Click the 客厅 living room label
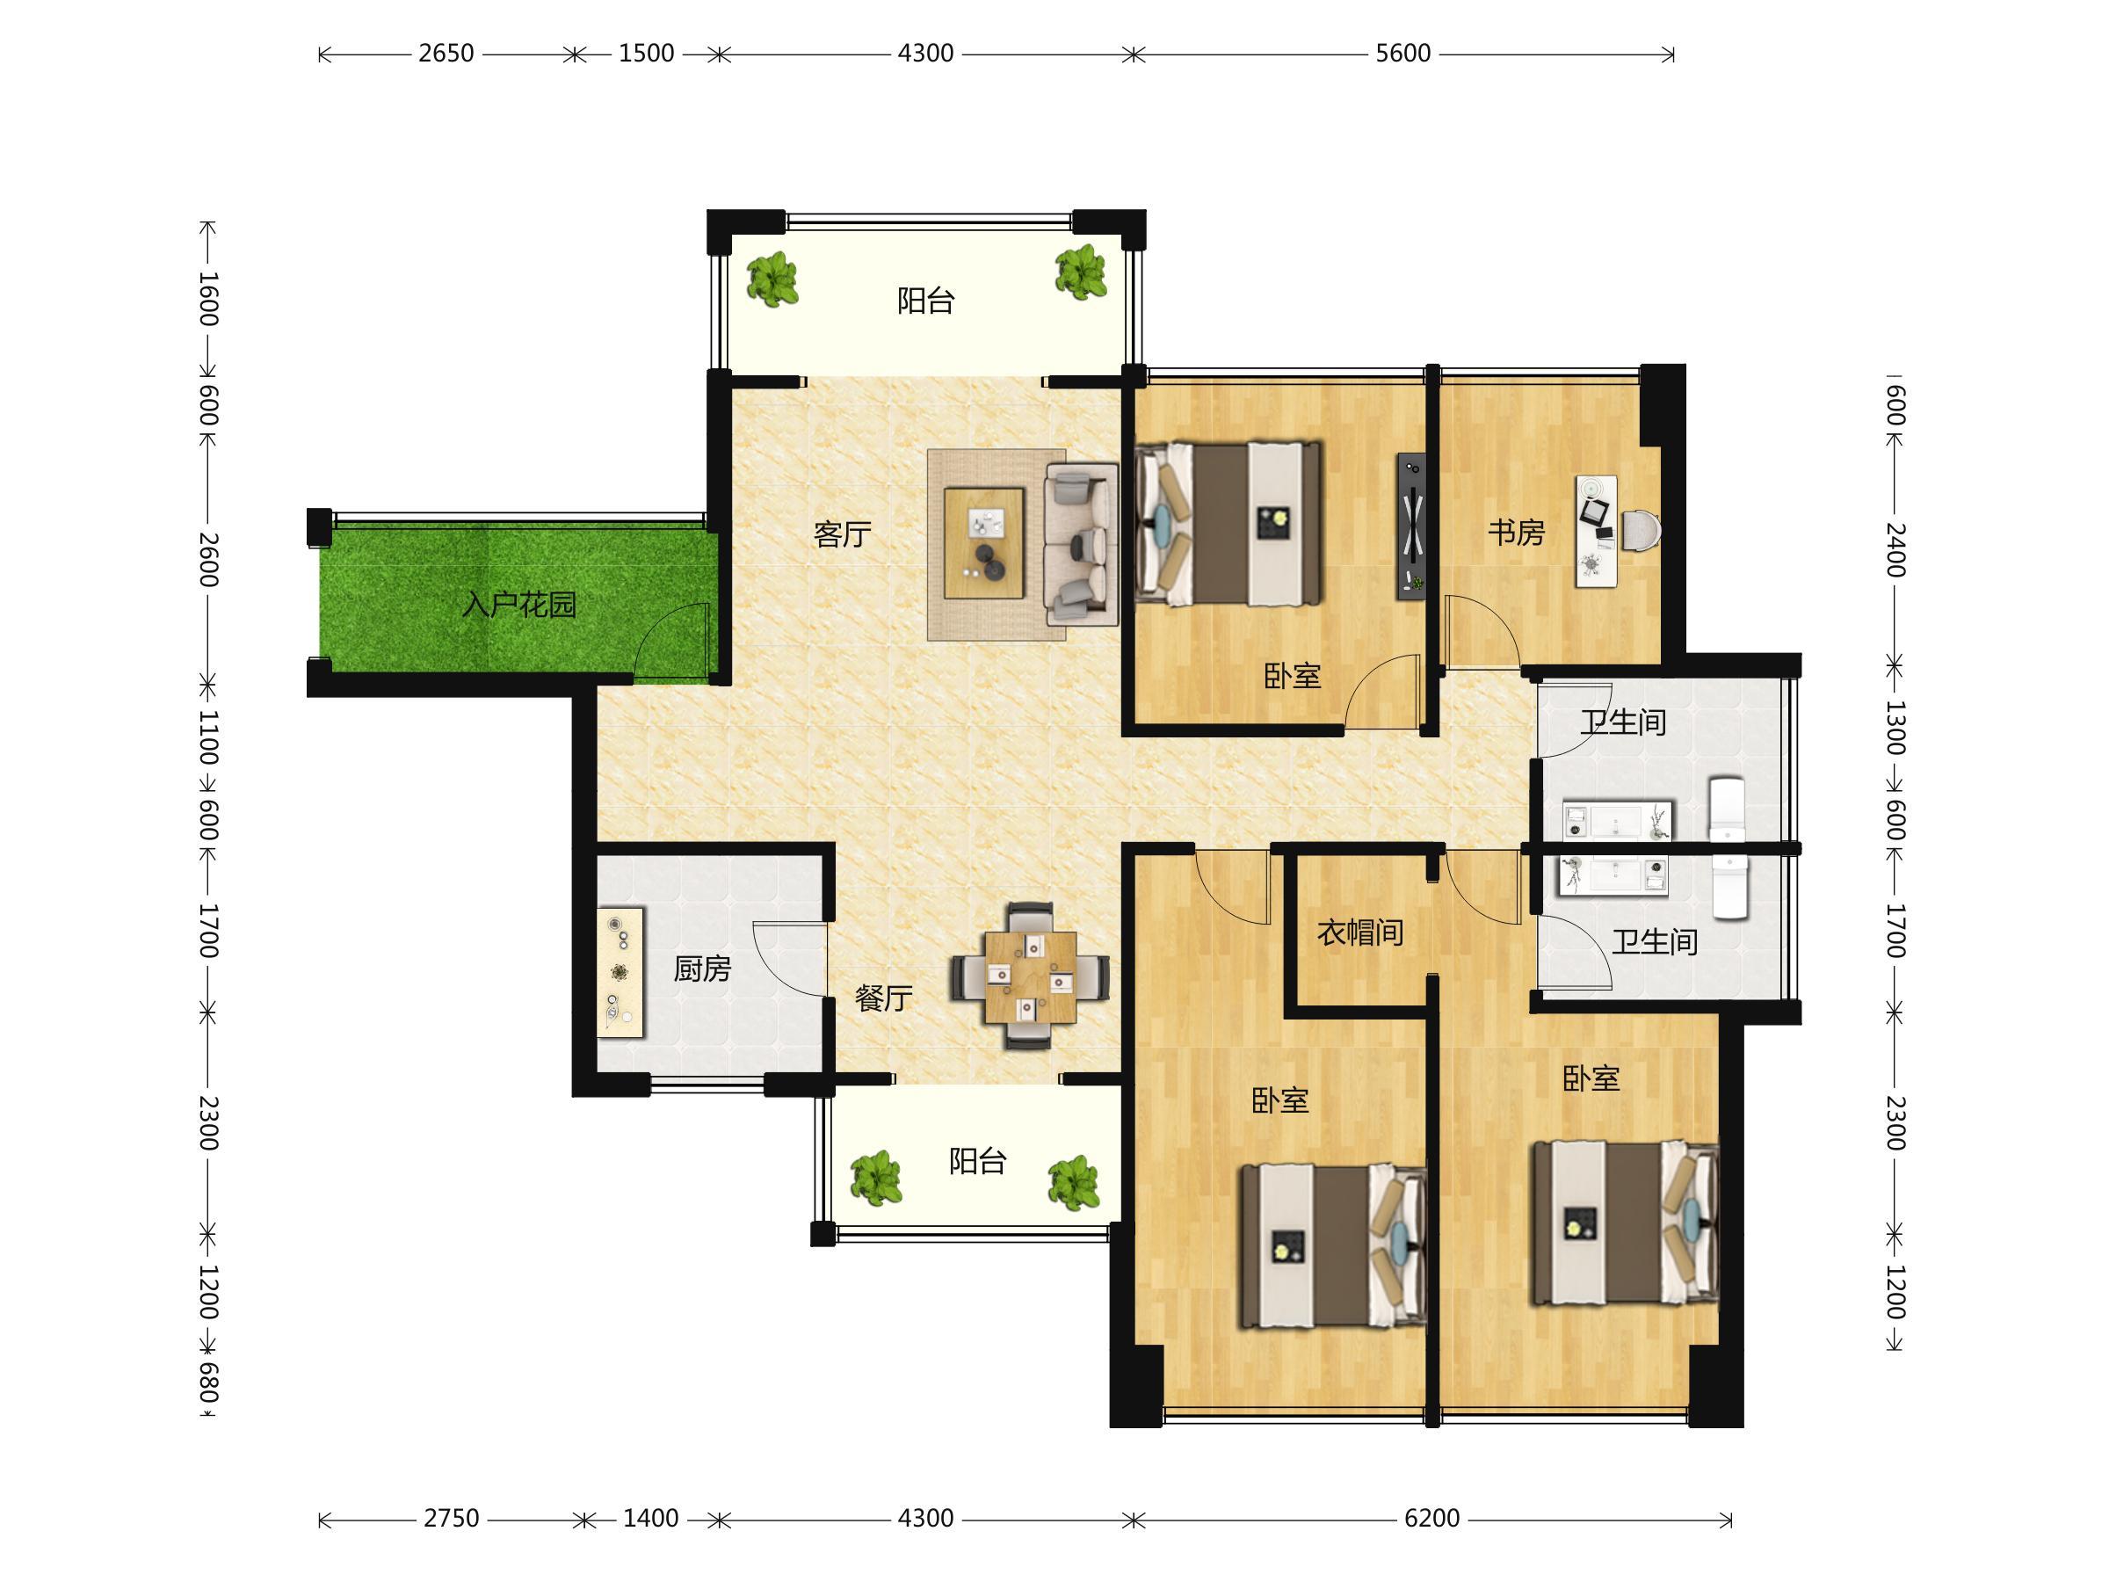(842, 534)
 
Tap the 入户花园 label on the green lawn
(519, 605)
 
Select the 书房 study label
(1516, 532)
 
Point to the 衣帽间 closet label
(1360, 932)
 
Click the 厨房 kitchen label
(702, 969)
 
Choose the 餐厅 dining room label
(884, 998)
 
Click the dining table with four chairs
(1030, 976)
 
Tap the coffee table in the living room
(984, 542)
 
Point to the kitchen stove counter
(620, 972)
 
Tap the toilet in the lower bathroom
(1730, 887)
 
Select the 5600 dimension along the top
(1402, 54)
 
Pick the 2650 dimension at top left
(446, 54)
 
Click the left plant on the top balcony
(772, 279)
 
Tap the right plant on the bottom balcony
(1075, 1182)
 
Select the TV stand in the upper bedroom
(1412, 526)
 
